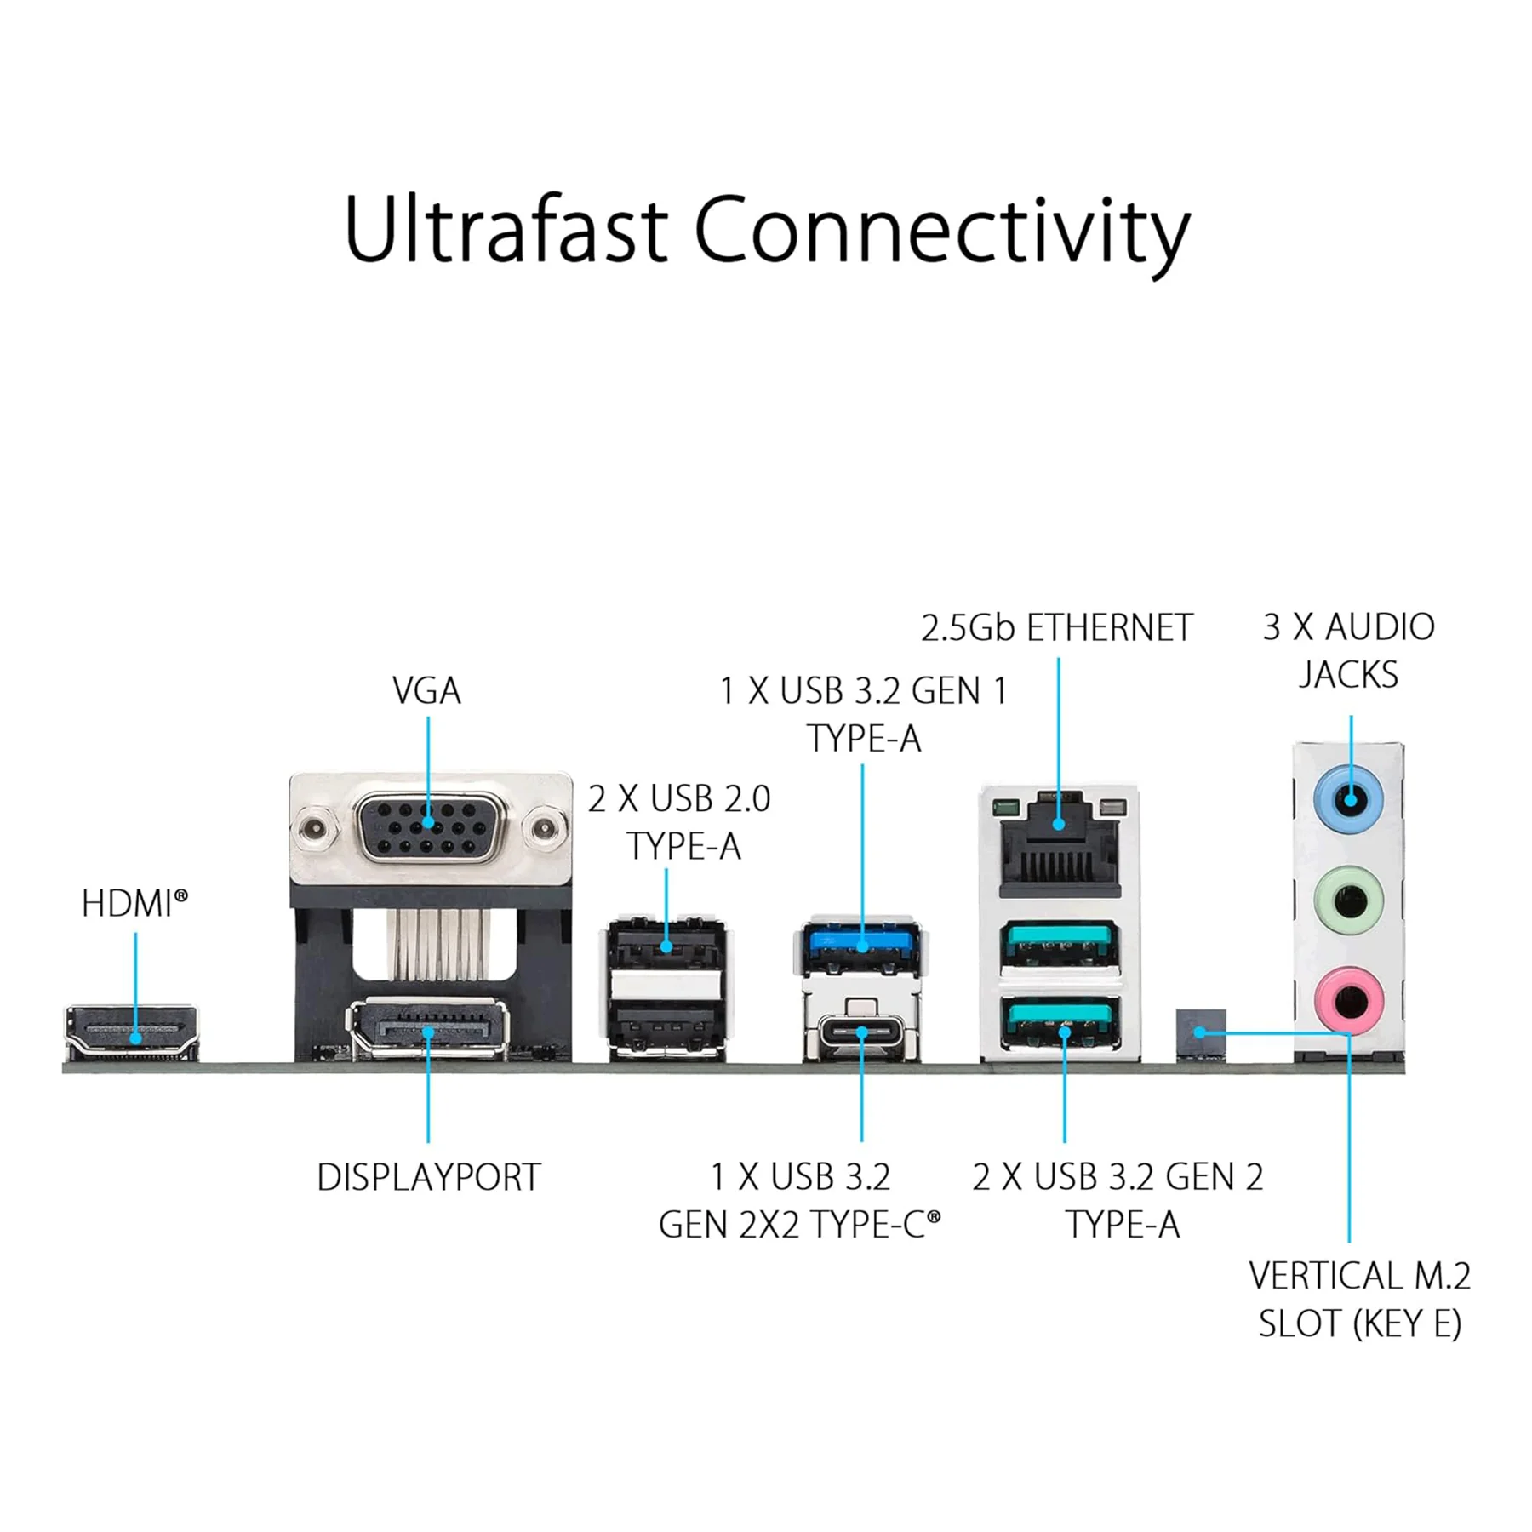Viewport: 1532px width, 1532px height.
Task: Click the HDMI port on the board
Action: [x=132, y=1033]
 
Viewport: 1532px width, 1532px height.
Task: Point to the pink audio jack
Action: [x=1348, y=999]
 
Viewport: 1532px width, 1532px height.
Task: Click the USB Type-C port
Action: [x=861, y=1035]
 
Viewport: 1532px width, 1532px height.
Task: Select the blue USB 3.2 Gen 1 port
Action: [x=861, y=947]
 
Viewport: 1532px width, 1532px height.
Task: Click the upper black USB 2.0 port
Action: [x=666, y=944]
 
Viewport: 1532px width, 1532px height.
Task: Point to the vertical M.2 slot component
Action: [x=1201, y=1035]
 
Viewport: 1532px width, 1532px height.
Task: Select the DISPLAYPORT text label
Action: [x=428, y=1177]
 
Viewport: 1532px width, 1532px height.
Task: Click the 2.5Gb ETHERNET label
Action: [x=1056, y=628]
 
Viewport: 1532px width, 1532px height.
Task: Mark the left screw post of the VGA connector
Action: [x=314, y=828]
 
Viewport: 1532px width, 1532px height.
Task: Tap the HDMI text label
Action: [x=134, y=903]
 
